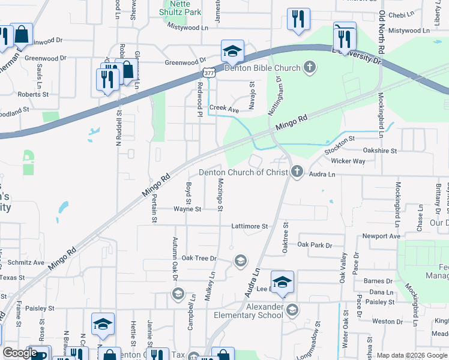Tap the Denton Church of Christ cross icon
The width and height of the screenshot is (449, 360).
tap(297, 172)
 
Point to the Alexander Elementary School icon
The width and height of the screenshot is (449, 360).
tap(292, 310)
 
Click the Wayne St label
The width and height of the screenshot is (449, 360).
tap(187, 209)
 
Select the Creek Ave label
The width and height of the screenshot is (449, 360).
tap(224, 109)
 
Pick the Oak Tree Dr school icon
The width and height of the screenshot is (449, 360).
tap(240, 260)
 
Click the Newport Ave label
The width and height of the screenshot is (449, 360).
tap(381, 236)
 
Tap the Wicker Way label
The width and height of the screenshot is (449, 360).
tap(348, 161)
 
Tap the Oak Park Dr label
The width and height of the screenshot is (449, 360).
tap(315, 245)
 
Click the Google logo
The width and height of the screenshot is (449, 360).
tap(20, 353)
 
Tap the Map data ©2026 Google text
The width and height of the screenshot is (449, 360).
tap(411, 355)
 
